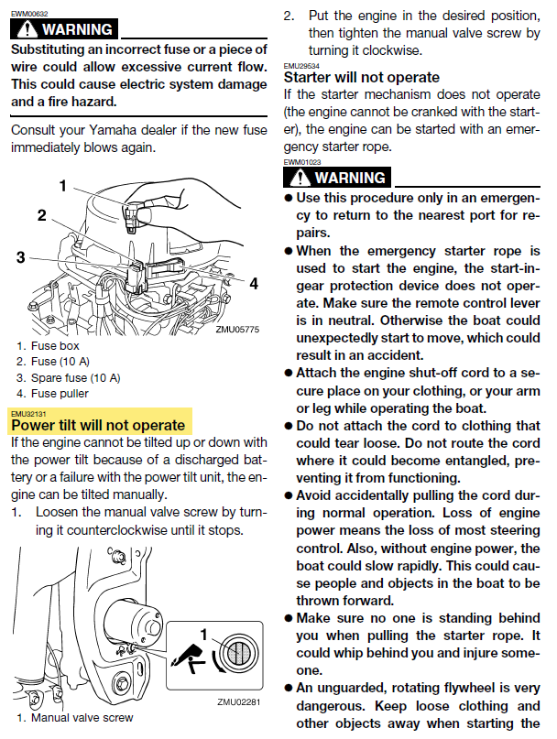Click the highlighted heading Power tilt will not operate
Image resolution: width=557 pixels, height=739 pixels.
click(x=98, y=425)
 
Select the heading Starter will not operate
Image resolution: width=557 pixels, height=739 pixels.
click(x=361, y=77)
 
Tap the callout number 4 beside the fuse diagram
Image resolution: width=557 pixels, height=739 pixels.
click(x=254, y=283)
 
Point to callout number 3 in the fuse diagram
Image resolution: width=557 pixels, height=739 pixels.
click(x=20, y=257)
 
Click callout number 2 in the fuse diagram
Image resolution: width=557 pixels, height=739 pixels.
click(x=41, y=216)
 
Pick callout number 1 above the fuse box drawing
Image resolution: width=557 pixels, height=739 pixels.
click(x=63, y=186)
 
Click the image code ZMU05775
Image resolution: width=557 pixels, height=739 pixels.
click(x=237, y=329)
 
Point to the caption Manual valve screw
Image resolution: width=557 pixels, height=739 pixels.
click(x=75, y=718)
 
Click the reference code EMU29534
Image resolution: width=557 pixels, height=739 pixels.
click(x=301, y=66)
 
